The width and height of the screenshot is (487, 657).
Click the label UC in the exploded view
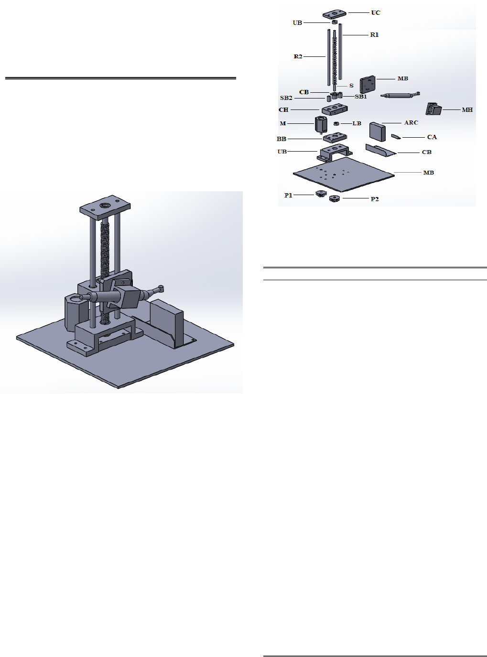click(376, 13)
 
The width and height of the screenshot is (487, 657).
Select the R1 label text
click(375, 34)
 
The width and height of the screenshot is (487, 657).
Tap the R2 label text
click(298, 56)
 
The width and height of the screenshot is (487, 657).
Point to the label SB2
click(286, 98)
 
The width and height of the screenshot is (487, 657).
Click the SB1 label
click(360, 96)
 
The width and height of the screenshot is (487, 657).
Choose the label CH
click(283, 109)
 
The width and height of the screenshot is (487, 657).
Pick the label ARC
click(411, 122)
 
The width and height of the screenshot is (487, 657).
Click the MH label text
click(467, 109)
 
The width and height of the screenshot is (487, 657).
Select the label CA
click(432, 137)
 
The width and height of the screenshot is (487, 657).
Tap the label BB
click(281, 139)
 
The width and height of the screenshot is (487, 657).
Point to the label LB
click(357, 123)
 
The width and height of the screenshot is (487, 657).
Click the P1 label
click(288, 195)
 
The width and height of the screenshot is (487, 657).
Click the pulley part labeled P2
click(335, 199)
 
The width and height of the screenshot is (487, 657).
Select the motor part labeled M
click(321, 124)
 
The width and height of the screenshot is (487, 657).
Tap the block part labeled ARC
click(378, 131)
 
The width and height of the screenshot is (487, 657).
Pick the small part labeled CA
click(396, 137)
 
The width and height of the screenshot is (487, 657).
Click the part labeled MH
click(433, 109)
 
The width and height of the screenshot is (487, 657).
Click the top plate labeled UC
click(334, 14)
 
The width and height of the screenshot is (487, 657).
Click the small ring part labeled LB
click(336, 123)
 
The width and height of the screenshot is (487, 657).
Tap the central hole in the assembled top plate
click(105, 205)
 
